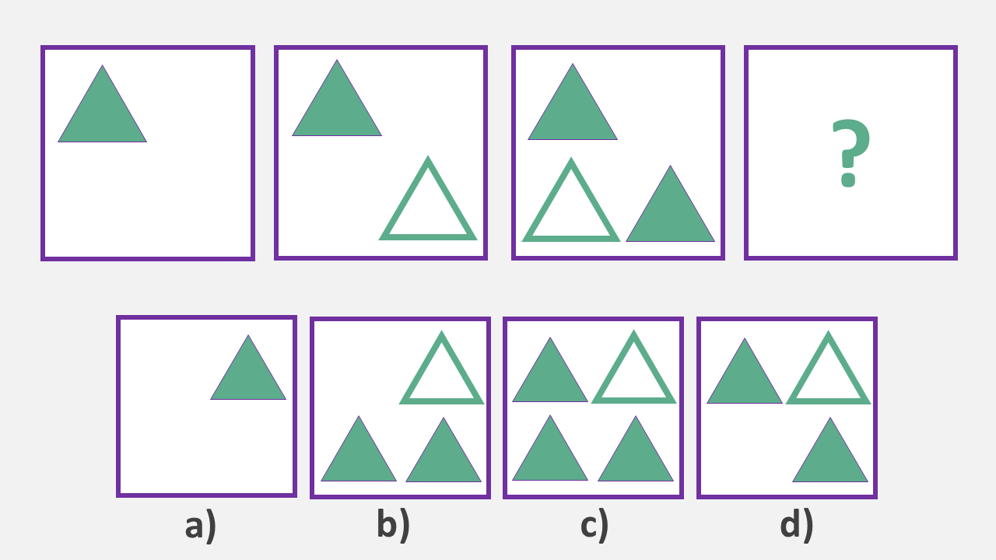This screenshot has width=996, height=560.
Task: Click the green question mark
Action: click(850, 153)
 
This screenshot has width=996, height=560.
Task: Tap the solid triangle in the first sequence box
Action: click(102, 113)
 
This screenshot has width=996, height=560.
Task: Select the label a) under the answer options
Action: click(201, 526)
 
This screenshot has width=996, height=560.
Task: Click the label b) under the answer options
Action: click(393, 526)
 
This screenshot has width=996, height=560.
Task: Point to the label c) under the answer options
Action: click(594, 526)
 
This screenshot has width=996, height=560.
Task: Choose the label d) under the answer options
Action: click(797, 526)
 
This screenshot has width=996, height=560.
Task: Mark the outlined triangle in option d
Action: click(828, 376)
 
